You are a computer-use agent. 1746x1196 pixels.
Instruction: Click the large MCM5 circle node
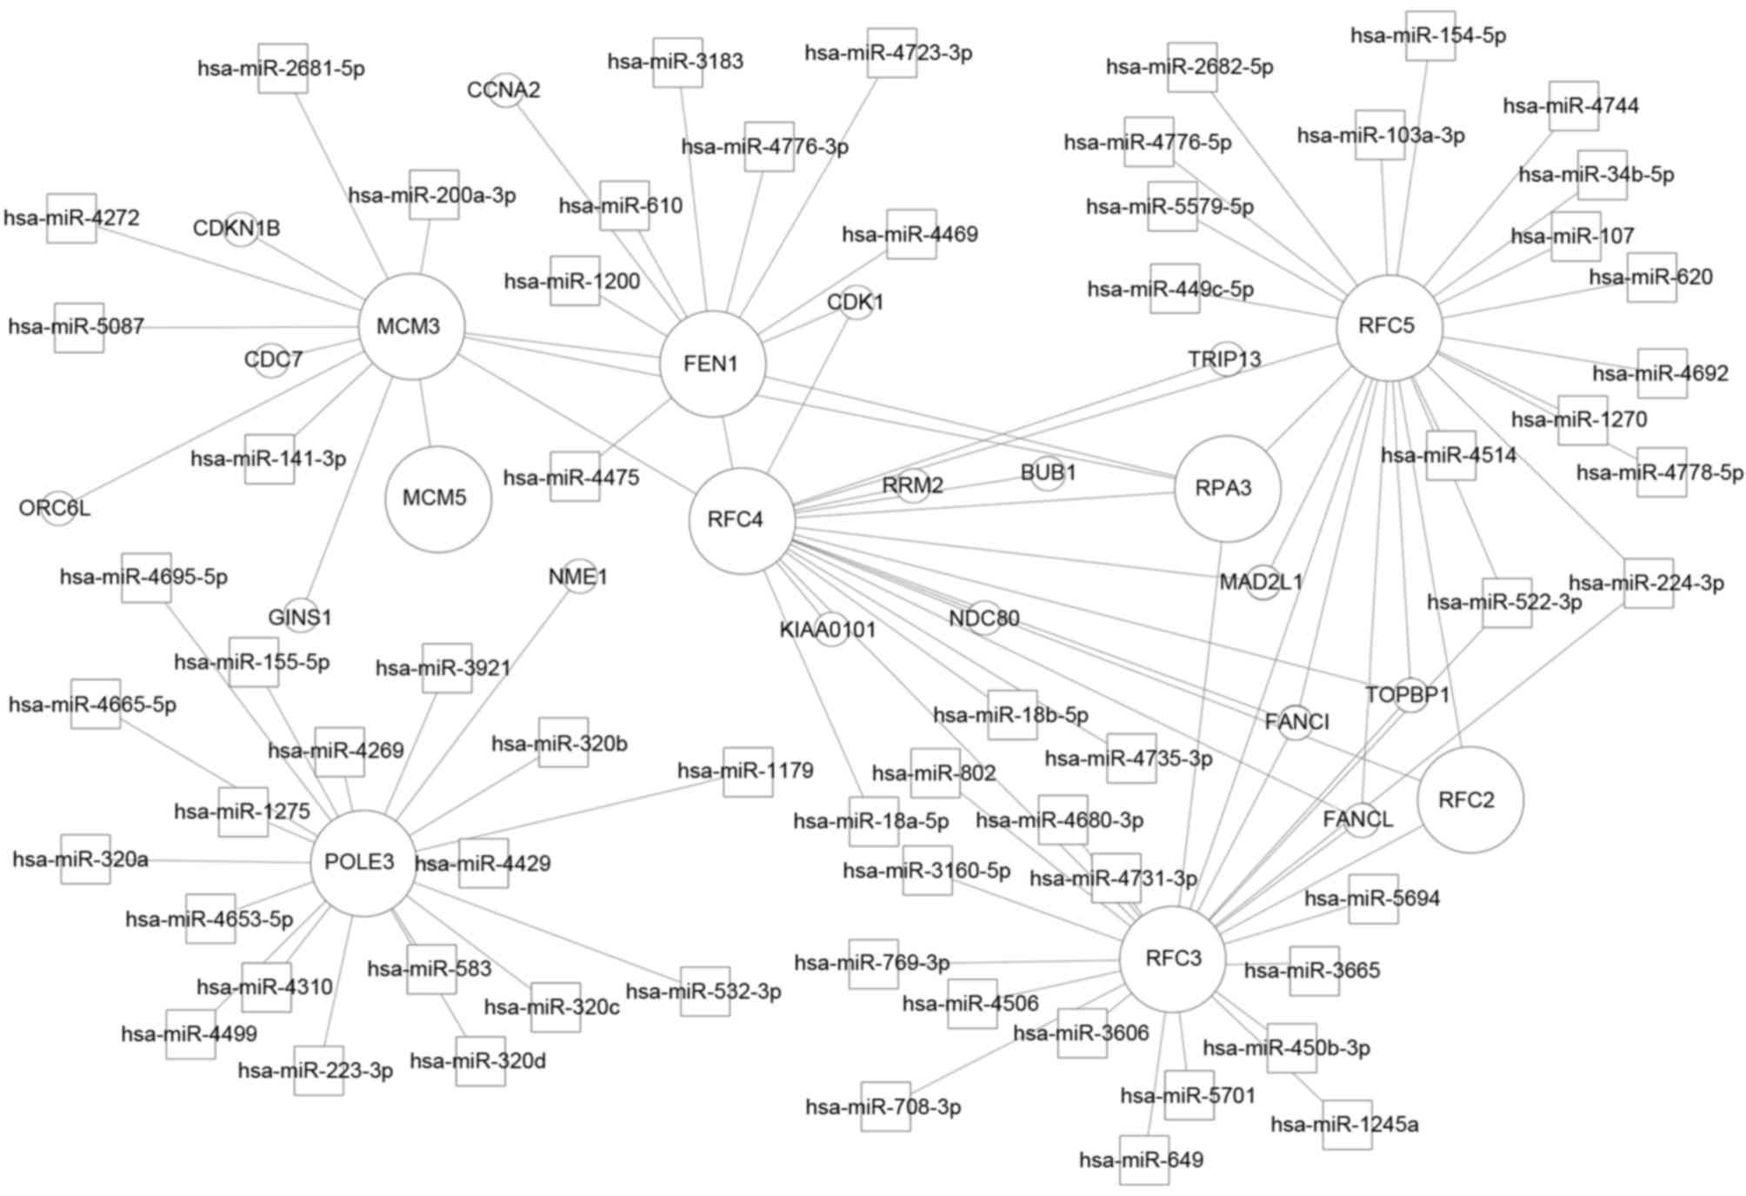coord(437,498)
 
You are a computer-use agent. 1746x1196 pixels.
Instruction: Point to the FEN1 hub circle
coord(712,364)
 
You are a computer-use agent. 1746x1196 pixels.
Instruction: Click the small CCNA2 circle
coord(505,90)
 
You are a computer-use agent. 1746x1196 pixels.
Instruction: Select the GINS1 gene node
coord(300,617)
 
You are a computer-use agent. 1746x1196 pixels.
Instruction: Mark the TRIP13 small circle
coord(1226,358)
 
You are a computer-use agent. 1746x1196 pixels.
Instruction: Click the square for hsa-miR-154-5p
coord(1429,36)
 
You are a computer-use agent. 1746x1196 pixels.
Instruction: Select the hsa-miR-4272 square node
coord(71,217)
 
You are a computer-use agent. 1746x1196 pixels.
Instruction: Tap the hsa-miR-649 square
coord(1143,1159)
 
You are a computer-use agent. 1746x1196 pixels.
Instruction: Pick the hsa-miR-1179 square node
coord(747,771)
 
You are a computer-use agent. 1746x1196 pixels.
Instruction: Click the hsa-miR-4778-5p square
coord(1661,472)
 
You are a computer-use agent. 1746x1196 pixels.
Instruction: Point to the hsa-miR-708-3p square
coord(885,1106)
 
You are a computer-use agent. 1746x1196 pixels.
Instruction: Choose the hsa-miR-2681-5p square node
coord(283,68)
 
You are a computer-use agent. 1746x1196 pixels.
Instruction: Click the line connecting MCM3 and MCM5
coord(424,413)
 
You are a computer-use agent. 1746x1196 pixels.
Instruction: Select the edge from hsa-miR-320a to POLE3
coord(209,861)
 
